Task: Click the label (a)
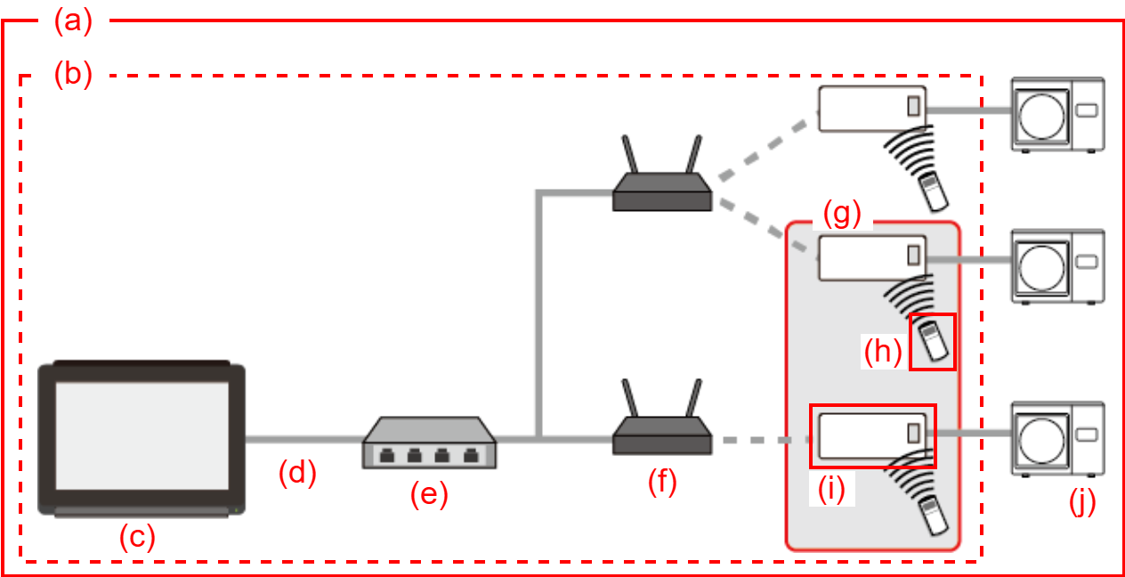(73, 21)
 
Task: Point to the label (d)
(297, 474)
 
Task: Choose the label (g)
(841, 215)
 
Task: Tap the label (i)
(830, 490)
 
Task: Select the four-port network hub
(429, 443)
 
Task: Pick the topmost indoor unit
(872, 109)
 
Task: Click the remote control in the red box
(933, 341)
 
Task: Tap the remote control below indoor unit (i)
(933, 516)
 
